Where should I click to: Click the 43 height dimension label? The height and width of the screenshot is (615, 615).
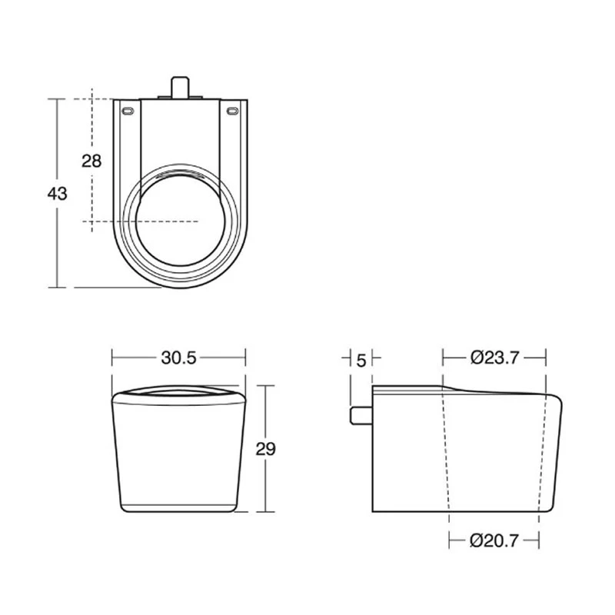(x=57, y=194)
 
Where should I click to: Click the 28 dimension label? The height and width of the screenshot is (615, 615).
(x=91, y=161)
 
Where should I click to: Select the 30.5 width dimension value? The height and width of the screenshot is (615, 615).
(x=179, y=357)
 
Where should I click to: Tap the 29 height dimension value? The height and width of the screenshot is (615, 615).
(x=265, y=449)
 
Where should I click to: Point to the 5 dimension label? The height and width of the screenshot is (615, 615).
(x=361, y=357)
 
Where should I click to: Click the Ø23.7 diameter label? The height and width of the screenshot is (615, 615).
(x=494, y=357)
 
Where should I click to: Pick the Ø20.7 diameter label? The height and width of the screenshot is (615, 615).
(x=494, y=540)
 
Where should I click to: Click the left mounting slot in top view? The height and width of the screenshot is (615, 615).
(x=127, y=112)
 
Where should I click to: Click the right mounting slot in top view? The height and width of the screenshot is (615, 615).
(x=231, y=112)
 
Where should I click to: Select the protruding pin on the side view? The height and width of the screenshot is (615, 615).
(x=361, y=415)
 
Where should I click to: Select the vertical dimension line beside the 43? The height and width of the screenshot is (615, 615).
(x=57, y=246)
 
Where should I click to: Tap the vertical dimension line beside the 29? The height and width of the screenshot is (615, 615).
(x=265, y=484)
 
